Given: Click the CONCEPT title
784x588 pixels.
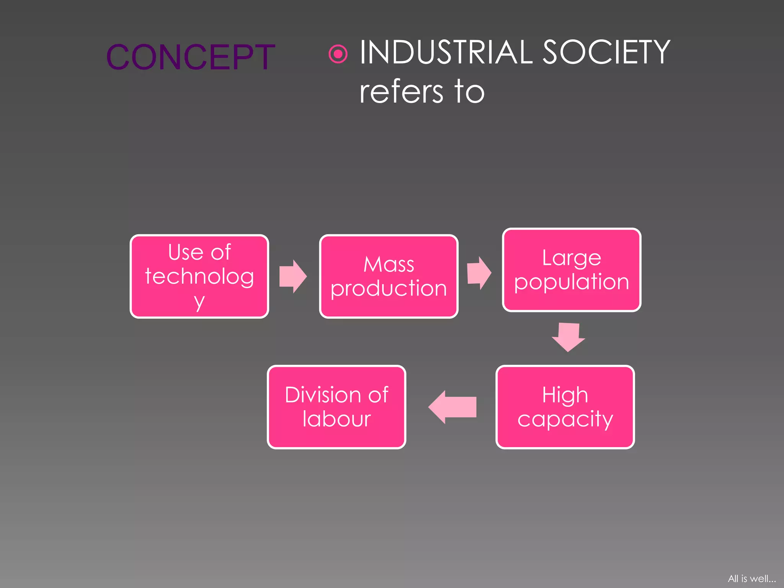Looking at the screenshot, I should (190, 57).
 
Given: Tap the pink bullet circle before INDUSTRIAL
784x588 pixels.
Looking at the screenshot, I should (338, 54).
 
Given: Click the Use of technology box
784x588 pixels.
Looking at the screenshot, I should (199, 276).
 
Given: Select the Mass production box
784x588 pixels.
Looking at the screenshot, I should (389, 276).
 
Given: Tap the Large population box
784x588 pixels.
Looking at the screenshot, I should (571, 270).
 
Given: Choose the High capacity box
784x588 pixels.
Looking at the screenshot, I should (565, 407).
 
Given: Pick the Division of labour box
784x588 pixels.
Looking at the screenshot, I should (336, 407).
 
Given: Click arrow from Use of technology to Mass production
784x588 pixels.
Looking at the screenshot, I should (293, 276).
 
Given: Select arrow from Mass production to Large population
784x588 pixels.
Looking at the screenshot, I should (479, 273).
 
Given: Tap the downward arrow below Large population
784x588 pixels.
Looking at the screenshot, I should (568, 336).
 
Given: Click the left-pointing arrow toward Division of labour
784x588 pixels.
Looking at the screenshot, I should (452, 407).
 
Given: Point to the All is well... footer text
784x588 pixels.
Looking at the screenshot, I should (751, 578).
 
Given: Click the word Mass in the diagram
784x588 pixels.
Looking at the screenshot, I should (389, 265).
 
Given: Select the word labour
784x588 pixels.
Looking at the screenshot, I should (336, 419).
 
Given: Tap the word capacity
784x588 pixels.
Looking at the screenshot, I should (565, 420).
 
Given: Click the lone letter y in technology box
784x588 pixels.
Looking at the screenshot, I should (199, 302).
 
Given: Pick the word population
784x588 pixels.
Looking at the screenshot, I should (571, 283).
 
